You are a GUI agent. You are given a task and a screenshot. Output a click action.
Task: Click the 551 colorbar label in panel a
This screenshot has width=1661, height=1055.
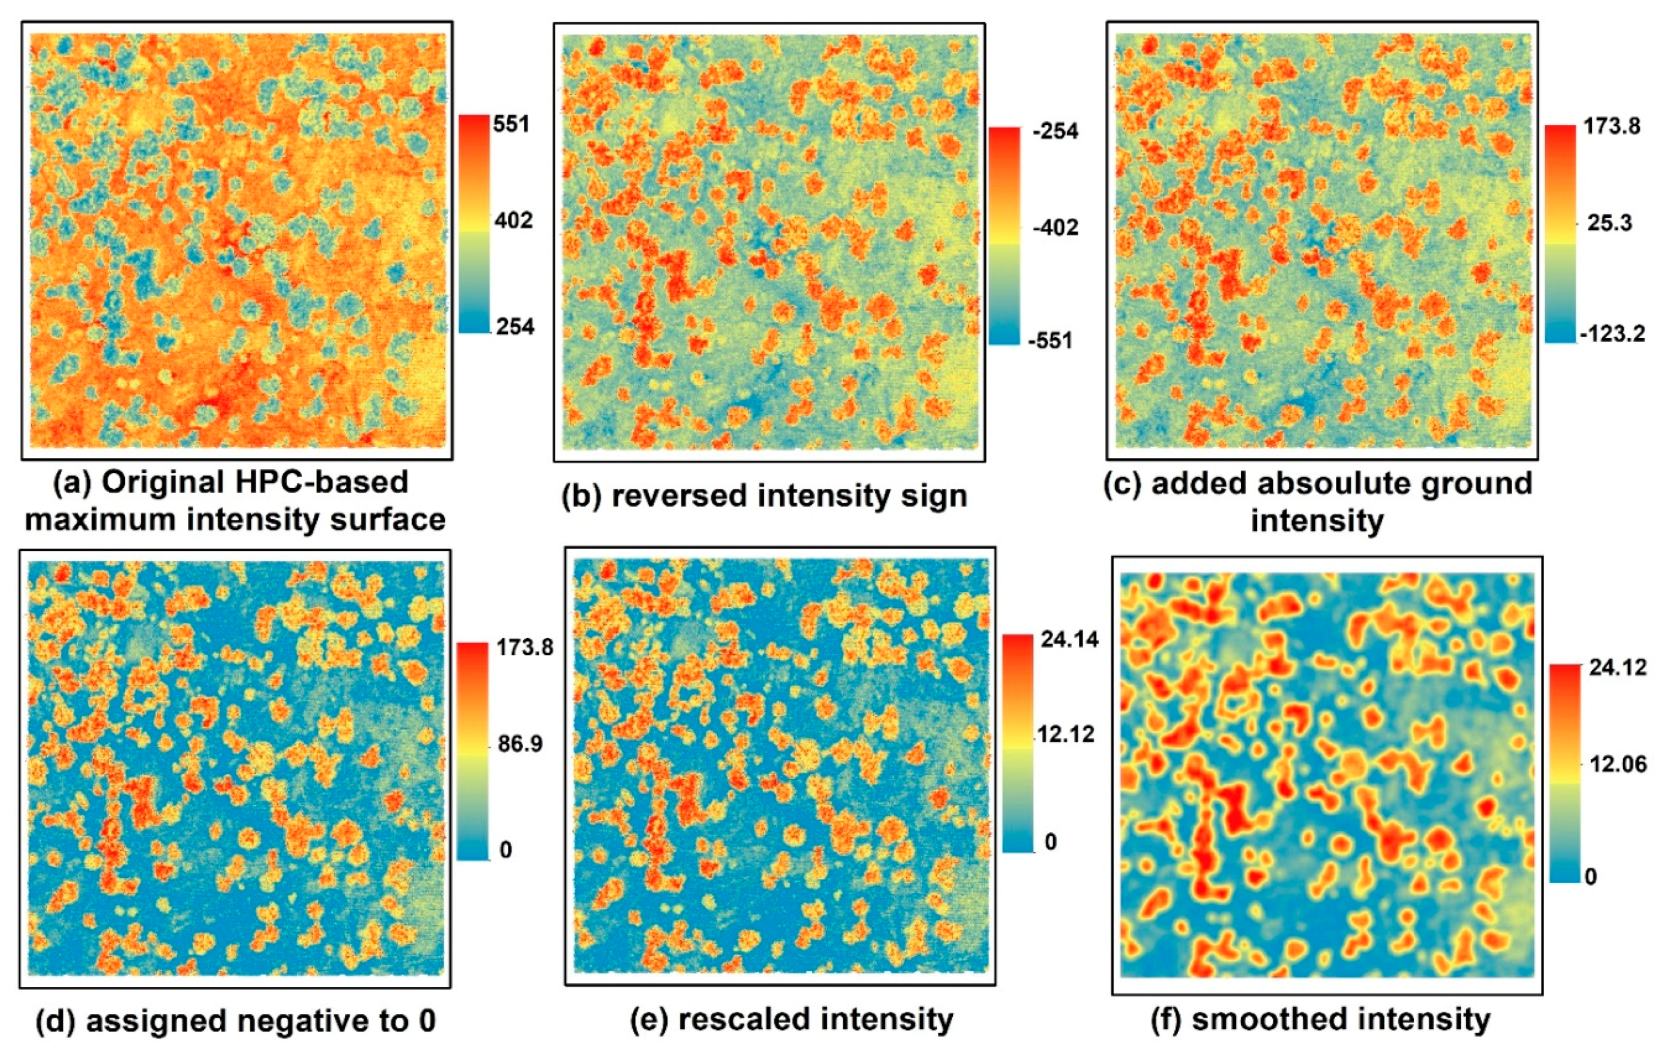(x=511, y=124)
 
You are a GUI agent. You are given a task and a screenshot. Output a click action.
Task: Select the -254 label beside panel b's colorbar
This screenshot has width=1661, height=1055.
(x=1055, y=131)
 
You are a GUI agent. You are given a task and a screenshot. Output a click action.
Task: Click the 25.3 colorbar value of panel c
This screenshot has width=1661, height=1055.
(x=1609, y=224)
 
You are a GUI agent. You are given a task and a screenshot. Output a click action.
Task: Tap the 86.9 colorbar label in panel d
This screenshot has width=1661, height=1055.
(x=521, y=744)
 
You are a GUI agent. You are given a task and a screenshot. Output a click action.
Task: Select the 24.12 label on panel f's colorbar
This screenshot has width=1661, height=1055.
(x=1617, y=667)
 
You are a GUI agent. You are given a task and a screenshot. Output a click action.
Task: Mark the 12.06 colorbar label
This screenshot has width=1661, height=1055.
(x=1617, y=764)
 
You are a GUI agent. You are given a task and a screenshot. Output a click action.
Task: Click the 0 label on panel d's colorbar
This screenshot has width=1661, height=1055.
(x=506, y=850)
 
